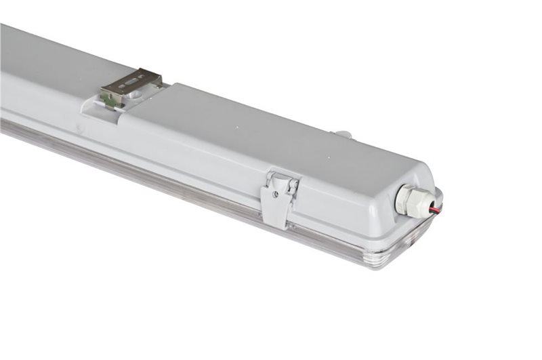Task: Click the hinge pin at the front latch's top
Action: [282, 178]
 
